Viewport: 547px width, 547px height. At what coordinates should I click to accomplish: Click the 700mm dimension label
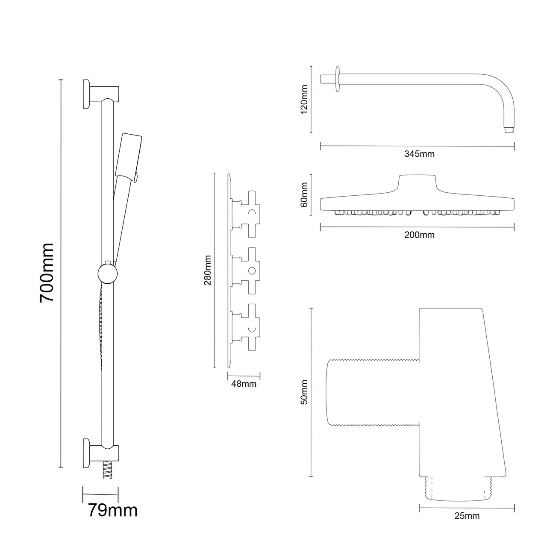(x=47, y=273)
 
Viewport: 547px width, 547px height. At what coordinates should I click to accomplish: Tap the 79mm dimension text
(x=113, y=511)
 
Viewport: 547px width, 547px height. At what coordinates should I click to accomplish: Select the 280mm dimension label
(x=208, y=271)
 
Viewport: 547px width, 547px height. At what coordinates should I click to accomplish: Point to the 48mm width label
(x=244, y=384)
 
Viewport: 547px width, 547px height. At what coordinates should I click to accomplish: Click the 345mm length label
(x=419, y=154)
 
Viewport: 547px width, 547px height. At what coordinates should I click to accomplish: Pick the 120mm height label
(x=304, y=99)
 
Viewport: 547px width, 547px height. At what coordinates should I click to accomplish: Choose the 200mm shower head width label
(x=419, y=235)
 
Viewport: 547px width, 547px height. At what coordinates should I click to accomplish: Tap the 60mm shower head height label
(x=304, y=195)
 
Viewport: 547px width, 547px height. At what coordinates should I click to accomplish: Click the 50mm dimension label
(x=304, y=392)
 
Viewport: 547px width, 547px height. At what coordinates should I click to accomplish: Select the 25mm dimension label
(x=467, y=516)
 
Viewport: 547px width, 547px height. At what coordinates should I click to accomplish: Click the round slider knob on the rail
(x=107, y=273)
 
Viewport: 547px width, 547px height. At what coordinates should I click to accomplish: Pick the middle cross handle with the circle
(x=250, y=271)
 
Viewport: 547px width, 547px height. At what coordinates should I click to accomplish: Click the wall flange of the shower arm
(x=338, y=79)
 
